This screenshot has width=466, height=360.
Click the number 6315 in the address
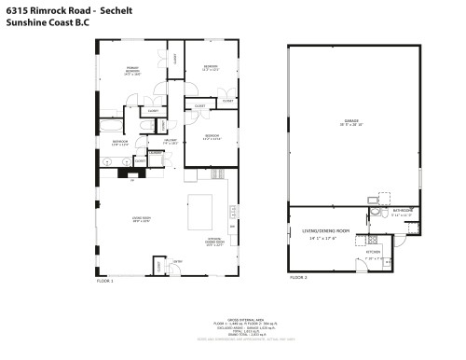pyautogui.click(x=19, y=8)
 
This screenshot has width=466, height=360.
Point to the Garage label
pyautogui.click(x=351, y=121)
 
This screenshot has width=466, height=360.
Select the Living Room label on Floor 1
pyautogui.click(x=141, y=219)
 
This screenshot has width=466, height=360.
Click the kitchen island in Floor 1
pyautogui.click(x=202, y=212)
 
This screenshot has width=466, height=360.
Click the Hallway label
pyautogui.click(x=171, y=141)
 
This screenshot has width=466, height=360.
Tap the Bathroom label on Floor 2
pyautogui.click(x=402, y=212)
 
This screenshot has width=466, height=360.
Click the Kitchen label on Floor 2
pyautogui.click(x=370, y=252)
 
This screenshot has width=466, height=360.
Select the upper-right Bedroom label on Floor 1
pyautogui.click(x=212, y=67)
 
